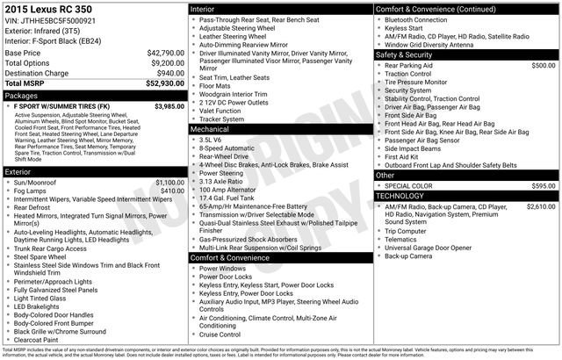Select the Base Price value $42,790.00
pyautogui.click(x=166, y=53)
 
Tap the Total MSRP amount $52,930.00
pyautogui.click(x=164, y=83)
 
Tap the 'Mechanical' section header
pyautogui.click(x=210, y=128)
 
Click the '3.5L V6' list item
pyautogui.click(x=211, y=140)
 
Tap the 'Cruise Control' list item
pyautogui.click(x=220, y=335)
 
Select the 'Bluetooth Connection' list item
pyautogui.click(x=415, y=19)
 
